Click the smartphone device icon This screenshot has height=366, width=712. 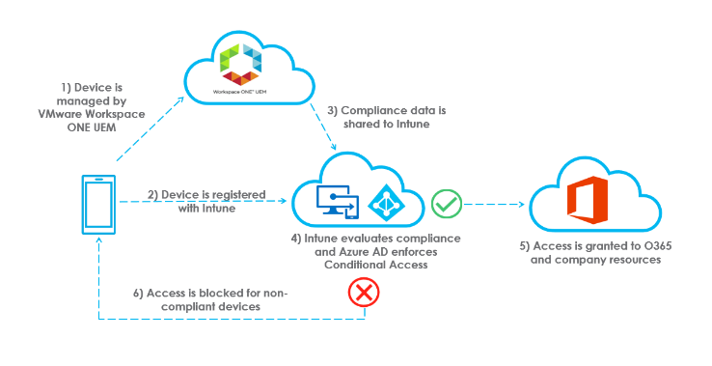click(98, 204)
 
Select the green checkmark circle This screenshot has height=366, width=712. click(446, 204)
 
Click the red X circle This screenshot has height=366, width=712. click(364, 293)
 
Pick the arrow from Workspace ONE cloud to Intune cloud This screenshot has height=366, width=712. click(325, 129)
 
